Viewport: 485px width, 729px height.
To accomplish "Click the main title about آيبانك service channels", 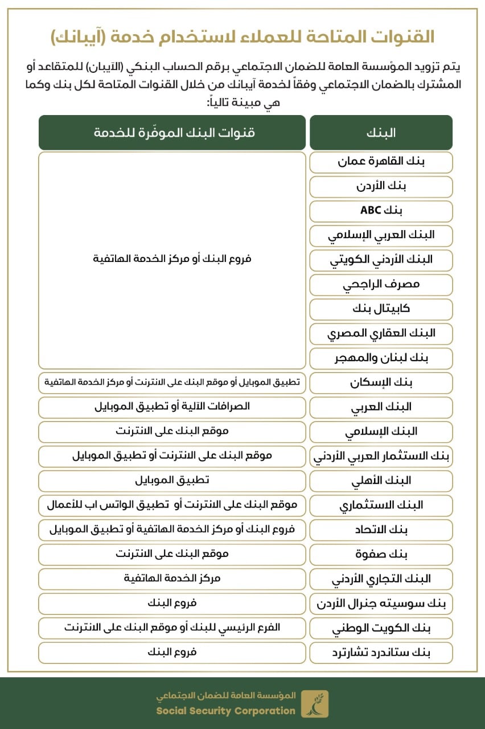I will point(242,38).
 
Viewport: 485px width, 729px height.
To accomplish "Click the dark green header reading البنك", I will point(381,133).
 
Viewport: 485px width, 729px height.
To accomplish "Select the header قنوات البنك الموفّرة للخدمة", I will point(172,133).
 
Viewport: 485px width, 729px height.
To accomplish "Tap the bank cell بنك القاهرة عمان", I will point(381,162).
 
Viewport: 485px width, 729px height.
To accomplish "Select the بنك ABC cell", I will point(381,211).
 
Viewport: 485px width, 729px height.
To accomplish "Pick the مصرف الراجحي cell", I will point(381,284).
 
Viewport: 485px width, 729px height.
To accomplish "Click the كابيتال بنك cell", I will point(381,309).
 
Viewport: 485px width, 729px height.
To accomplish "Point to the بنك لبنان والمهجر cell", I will point(381,358).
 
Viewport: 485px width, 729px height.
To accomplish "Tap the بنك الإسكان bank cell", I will point(381,382).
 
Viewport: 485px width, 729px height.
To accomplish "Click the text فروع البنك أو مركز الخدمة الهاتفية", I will point(172,259).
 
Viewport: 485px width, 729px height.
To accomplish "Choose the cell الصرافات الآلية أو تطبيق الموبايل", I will point(172,407).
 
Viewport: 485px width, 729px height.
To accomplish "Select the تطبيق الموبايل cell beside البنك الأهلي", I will point(172,480).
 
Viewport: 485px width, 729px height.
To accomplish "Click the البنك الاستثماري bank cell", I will point(381,505).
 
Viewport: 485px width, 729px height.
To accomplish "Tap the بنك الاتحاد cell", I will point(381,530).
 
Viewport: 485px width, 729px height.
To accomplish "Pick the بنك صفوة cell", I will point(381,554).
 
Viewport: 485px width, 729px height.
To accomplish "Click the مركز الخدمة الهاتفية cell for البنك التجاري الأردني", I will point(172,579).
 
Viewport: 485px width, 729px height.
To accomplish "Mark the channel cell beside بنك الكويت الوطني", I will point(172,628).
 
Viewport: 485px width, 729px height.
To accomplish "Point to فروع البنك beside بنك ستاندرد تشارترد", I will point(172,652).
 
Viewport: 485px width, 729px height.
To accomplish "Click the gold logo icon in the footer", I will point(314,703).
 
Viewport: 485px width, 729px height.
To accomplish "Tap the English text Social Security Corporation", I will point(226,711).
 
